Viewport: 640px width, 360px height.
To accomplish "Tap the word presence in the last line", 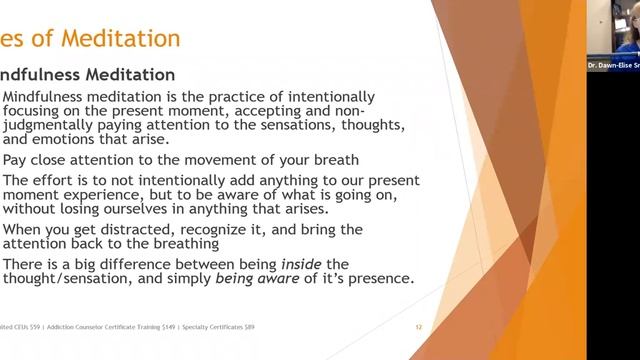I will click(x=376, y=279).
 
